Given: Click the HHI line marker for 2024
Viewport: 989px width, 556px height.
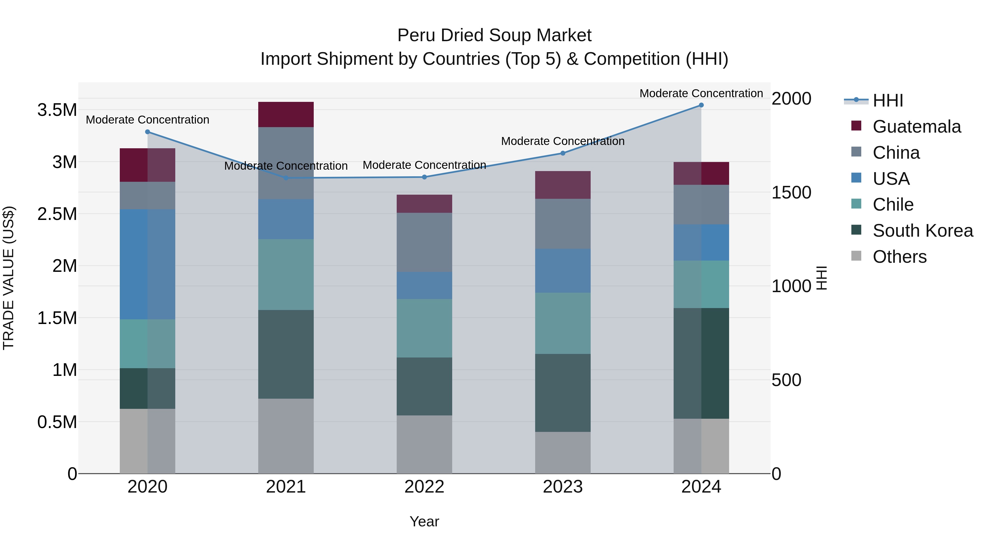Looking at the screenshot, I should click(x=701, y=105).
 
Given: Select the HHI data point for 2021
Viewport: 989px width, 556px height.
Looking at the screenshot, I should click(x=286, y=178).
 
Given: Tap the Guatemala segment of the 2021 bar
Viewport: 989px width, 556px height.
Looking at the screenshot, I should click(x=286, y=114).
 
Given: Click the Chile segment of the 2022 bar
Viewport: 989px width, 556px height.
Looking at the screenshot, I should click(x=424, y=328).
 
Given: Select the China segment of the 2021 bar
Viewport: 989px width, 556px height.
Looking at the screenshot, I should click(x=286, y=163).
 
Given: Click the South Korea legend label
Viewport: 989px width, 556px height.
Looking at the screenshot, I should click(x=923, y=231).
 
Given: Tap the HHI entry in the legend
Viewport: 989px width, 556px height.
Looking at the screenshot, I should click(x=887, y=100).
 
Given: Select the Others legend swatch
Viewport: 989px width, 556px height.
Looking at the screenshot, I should click(x=856, y=256).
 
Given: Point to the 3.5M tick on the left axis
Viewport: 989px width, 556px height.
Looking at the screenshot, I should click(x=57, y=110).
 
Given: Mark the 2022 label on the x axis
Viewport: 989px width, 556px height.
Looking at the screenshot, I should click(x=424, y=487).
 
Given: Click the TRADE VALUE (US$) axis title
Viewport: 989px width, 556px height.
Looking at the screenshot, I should click(x=9, y=278).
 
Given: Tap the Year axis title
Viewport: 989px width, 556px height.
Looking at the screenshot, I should click(x=424, y=521).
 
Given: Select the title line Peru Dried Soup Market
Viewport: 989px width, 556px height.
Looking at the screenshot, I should click(x=494, y=35).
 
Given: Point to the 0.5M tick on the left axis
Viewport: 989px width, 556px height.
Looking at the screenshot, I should click(x=57, y=422).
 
